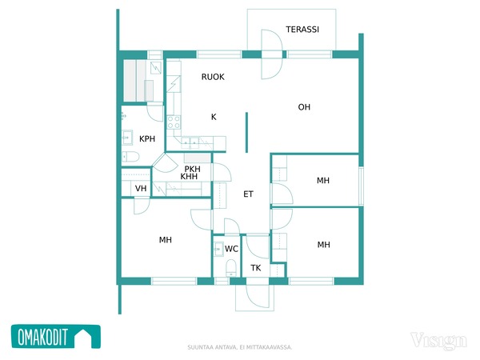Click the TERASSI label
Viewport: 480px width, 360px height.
(x=302, y=30)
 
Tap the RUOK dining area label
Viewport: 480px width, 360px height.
(x=213, y=77)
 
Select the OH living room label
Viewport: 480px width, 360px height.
(x=304, y=107)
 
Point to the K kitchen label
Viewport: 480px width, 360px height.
(x=214, y=117)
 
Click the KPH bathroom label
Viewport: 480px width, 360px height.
(x=147, y=139)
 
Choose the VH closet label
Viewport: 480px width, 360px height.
(x=141, y=188)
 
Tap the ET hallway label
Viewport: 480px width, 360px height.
(x=248, y=194)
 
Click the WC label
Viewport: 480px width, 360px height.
(x=231, y=249)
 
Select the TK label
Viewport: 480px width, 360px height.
(x=256, y=268)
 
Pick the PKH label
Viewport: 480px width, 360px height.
(x=192, y=169)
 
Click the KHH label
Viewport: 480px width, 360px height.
(x=189, y=176)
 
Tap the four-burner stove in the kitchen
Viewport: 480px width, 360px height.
(x=174, y=122)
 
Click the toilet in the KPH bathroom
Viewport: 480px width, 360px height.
(x=130, y=157)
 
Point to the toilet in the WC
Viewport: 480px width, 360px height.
(x=231, y=268)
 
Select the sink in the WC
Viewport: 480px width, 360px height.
(x=218, y=249)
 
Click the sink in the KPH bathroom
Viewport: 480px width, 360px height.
(x=127, y=138)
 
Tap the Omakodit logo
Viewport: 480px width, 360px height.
(x=56, y=337)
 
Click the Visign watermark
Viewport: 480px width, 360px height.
(x=438, y=341)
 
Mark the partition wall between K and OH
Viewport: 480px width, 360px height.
(x=246, y=132)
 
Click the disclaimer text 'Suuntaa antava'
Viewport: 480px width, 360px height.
(x=212, y=347)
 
